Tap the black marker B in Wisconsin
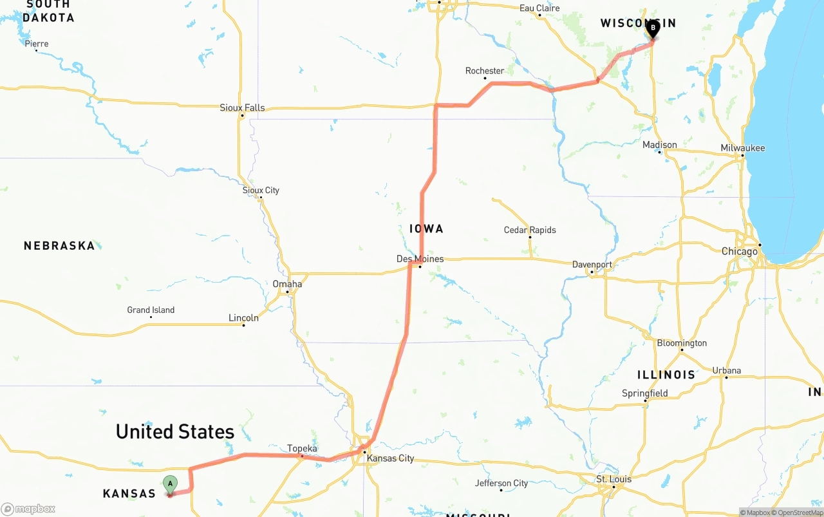click(x=653, y=28)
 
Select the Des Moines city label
click(x=420, y=259)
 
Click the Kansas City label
click(x=390, y=458)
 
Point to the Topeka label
click(x=302, y=448)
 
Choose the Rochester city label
click(x=485, y=71)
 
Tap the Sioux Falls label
click(x=242, y=108)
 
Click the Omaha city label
click(x=287, y=284)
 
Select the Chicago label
click(x=740, y=251)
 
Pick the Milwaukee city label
click(x=743, y=148)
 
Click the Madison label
click(x=660, y=145)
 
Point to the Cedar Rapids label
click(x=530, y=230)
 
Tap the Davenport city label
click(x=592, y=265)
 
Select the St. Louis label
click(x=613, y=479)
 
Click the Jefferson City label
click(x=501, y=483)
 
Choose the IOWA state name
click(x=426, y=229)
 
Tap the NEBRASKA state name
click(x=59, y=245)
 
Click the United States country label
click(x=175, y=431)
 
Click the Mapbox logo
click(x=28, y=509)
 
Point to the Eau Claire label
click(x=539, y=8)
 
